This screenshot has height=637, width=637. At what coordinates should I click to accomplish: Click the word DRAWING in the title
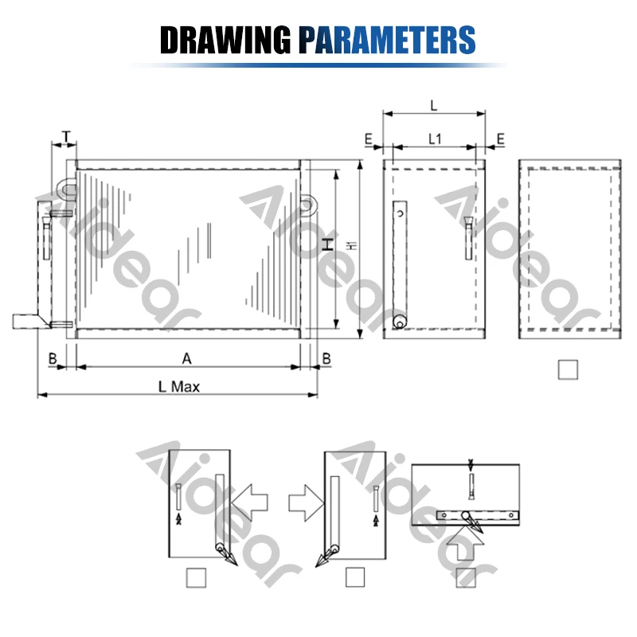coord(225,38)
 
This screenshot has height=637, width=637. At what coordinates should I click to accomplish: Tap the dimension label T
coord(66,135)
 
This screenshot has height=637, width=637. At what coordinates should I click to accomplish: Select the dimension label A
coord(187,358)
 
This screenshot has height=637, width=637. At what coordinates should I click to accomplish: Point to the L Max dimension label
coord(178,386)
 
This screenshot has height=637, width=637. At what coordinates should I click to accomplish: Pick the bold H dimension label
coord(327,248)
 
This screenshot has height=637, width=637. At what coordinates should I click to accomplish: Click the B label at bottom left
coord(52,358)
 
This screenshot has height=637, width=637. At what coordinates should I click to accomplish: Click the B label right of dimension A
coord(326,358)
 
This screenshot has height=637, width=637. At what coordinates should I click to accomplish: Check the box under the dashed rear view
coord(568,370)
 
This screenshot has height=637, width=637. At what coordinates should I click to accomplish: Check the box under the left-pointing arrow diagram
coord(195,577)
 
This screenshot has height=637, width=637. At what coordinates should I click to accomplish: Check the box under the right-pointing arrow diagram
coord(356,577)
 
